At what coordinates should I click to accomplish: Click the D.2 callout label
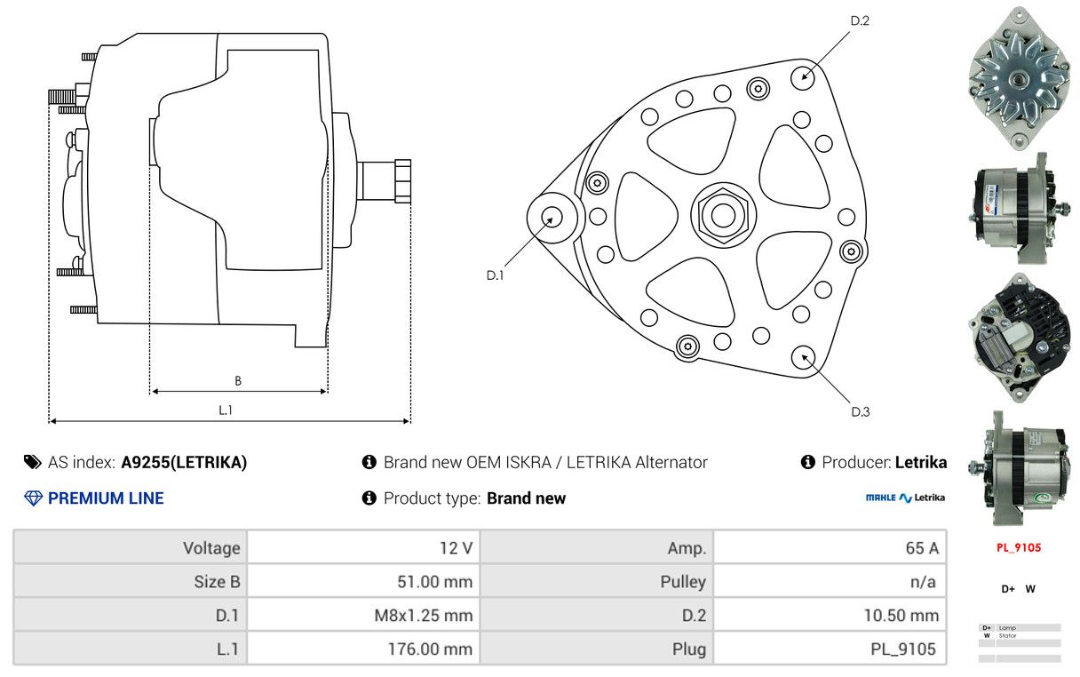coord(859,20)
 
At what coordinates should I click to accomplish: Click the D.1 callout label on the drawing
coord(495,275)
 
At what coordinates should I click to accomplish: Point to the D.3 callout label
coord(860,411)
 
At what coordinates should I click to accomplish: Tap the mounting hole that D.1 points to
coord(552,217)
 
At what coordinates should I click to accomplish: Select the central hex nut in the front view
coord(720,214)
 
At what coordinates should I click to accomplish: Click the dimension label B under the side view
coord(237,381)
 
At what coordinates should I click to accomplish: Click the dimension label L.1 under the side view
coord(226,410)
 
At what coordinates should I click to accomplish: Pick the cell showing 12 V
coord(363,548)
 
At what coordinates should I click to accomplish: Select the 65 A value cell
coord(830,548)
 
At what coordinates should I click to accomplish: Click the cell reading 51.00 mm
coord(363,582)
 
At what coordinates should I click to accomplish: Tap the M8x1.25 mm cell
coord(363,615)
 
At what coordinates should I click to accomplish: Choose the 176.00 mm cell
coord(363,649)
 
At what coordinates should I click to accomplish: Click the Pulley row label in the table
coord(597,582)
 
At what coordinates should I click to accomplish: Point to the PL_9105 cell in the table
coord(830,649)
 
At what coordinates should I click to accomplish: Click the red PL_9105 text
coord(1018,547)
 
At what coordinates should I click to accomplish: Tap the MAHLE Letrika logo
coord(905,498)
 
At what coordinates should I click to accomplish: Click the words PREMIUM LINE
coord(106,498)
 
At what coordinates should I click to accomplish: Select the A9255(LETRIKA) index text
coord(184,462)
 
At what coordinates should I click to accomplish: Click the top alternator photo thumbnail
coord(1017,77)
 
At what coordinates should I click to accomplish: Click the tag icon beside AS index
coord(33,462)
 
